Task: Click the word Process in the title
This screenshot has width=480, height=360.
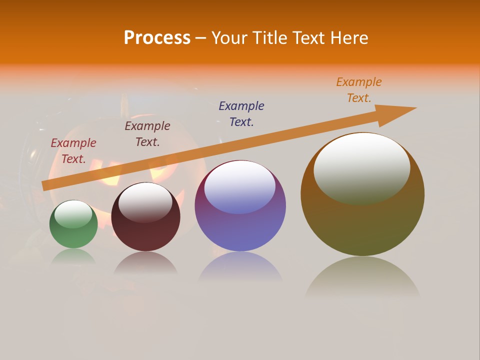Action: (x=157, y=38)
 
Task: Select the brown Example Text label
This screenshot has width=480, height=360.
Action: (x=147, y=134)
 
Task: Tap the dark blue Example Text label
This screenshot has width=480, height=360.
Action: (x=241, y=113)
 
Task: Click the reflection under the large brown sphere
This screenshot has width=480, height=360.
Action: (x=362, y=278)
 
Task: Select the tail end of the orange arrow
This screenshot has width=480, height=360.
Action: (x=46, y=185)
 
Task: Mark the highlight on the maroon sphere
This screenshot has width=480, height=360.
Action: (x=145, y=202)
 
